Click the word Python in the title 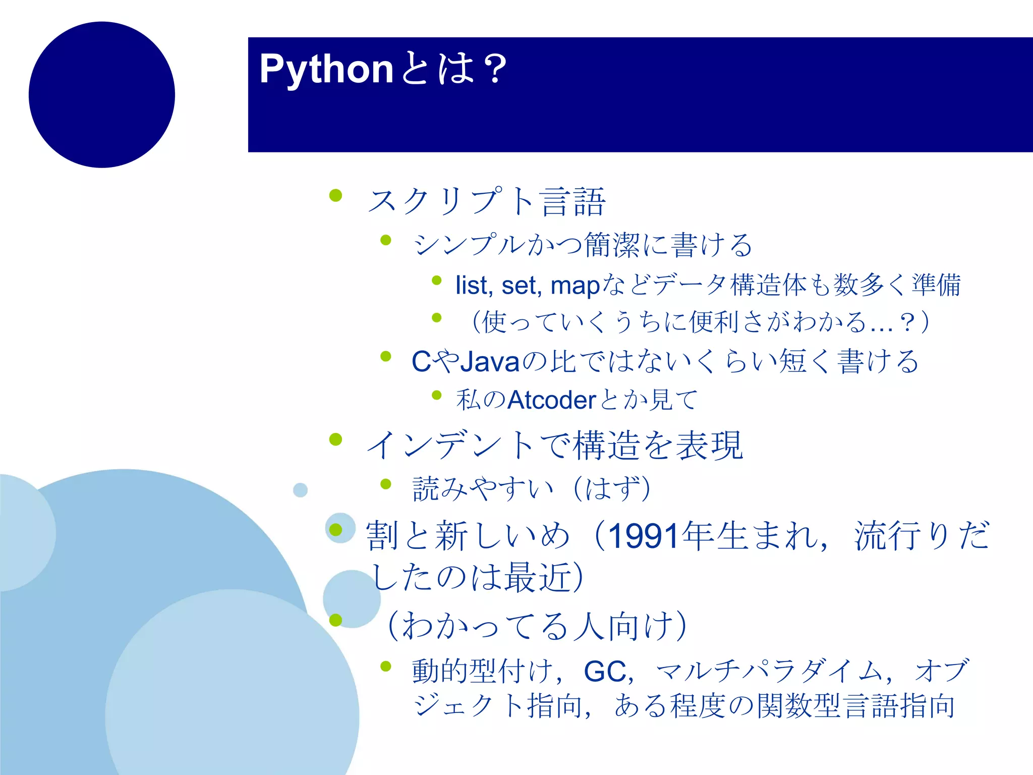[326, 70]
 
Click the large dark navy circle [102, 95]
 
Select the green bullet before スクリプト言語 [335, 195]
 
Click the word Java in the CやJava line [490, 362]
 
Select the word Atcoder [552, 400]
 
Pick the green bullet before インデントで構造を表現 [335, 439]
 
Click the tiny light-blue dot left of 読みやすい [300, 490]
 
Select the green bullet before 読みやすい [386, 484]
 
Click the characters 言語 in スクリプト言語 [572, 201]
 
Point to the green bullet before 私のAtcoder [437, 395]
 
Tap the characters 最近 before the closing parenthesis [538, 577]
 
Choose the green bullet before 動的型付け [386, 667]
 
